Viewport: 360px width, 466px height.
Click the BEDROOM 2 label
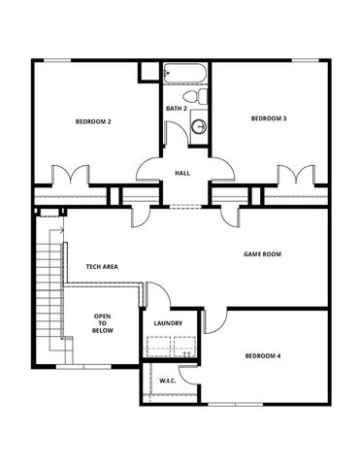(94, 122)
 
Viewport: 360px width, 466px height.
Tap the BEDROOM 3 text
(268, 118)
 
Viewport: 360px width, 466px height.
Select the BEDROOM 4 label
(262, 356)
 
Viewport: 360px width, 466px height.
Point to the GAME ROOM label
(261, 254)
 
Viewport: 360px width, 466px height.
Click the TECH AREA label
(102, 266)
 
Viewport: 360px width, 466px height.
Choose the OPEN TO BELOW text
(102, 323)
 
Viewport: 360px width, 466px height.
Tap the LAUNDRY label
(169, 323)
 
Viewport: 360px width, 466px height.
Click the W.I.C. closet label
(167, 382)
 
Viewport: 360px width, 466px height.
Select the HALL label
(182, 174)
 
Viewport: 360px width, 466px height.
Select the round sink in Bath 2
(199, 126)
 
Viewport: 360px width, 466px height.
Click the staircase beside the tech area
(49, 285)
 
